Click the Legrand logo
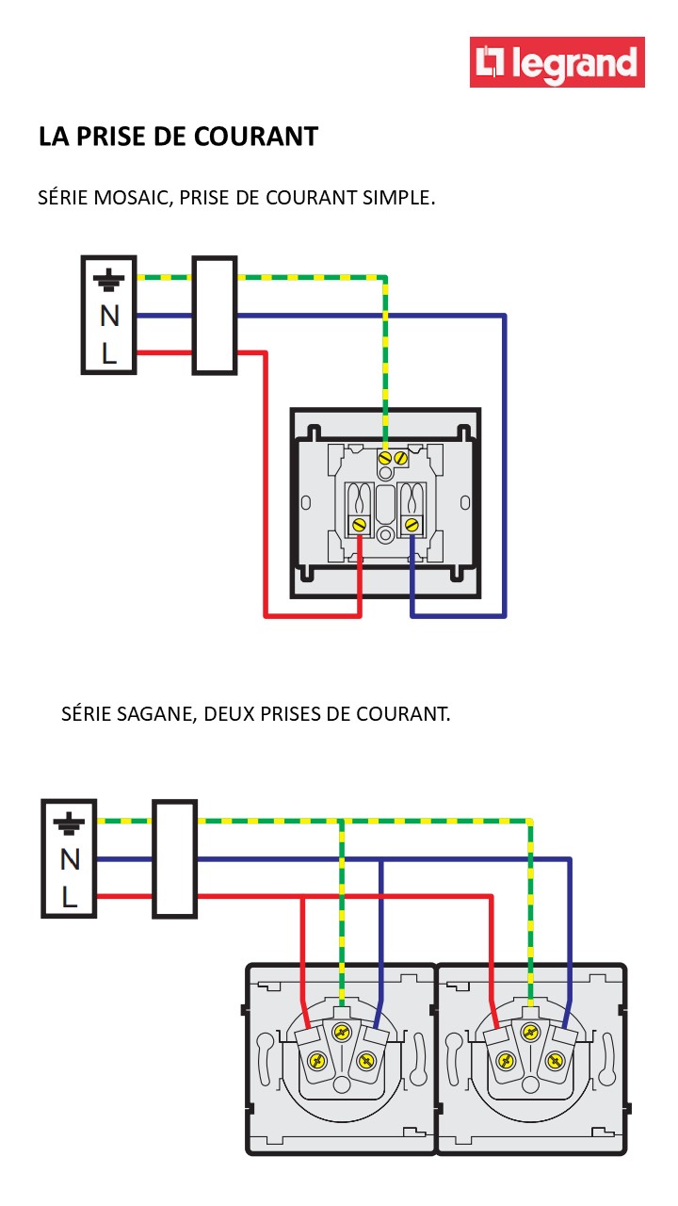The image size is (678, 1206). coord(557,62)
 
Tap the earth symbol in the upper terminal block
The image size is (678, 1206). coord(109,280)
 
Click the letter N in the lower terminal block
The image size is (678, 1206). coord(69,859)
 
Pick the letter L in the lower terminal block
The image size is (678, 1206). coord(69,896)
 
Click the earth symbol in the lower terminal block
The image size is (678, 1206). coord(69,824)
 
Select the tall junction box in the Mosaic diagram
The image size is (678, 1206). coord(214,315)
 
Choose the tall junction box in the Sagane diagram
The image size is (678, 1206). coord(174,858)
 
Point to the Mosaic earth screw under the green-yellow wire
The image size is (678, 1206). coord(384,457)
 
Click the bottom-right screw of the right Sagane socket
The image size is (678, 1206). coord(557,1060)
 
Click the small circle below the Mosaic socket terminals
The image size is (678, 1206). coord(385,535)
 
